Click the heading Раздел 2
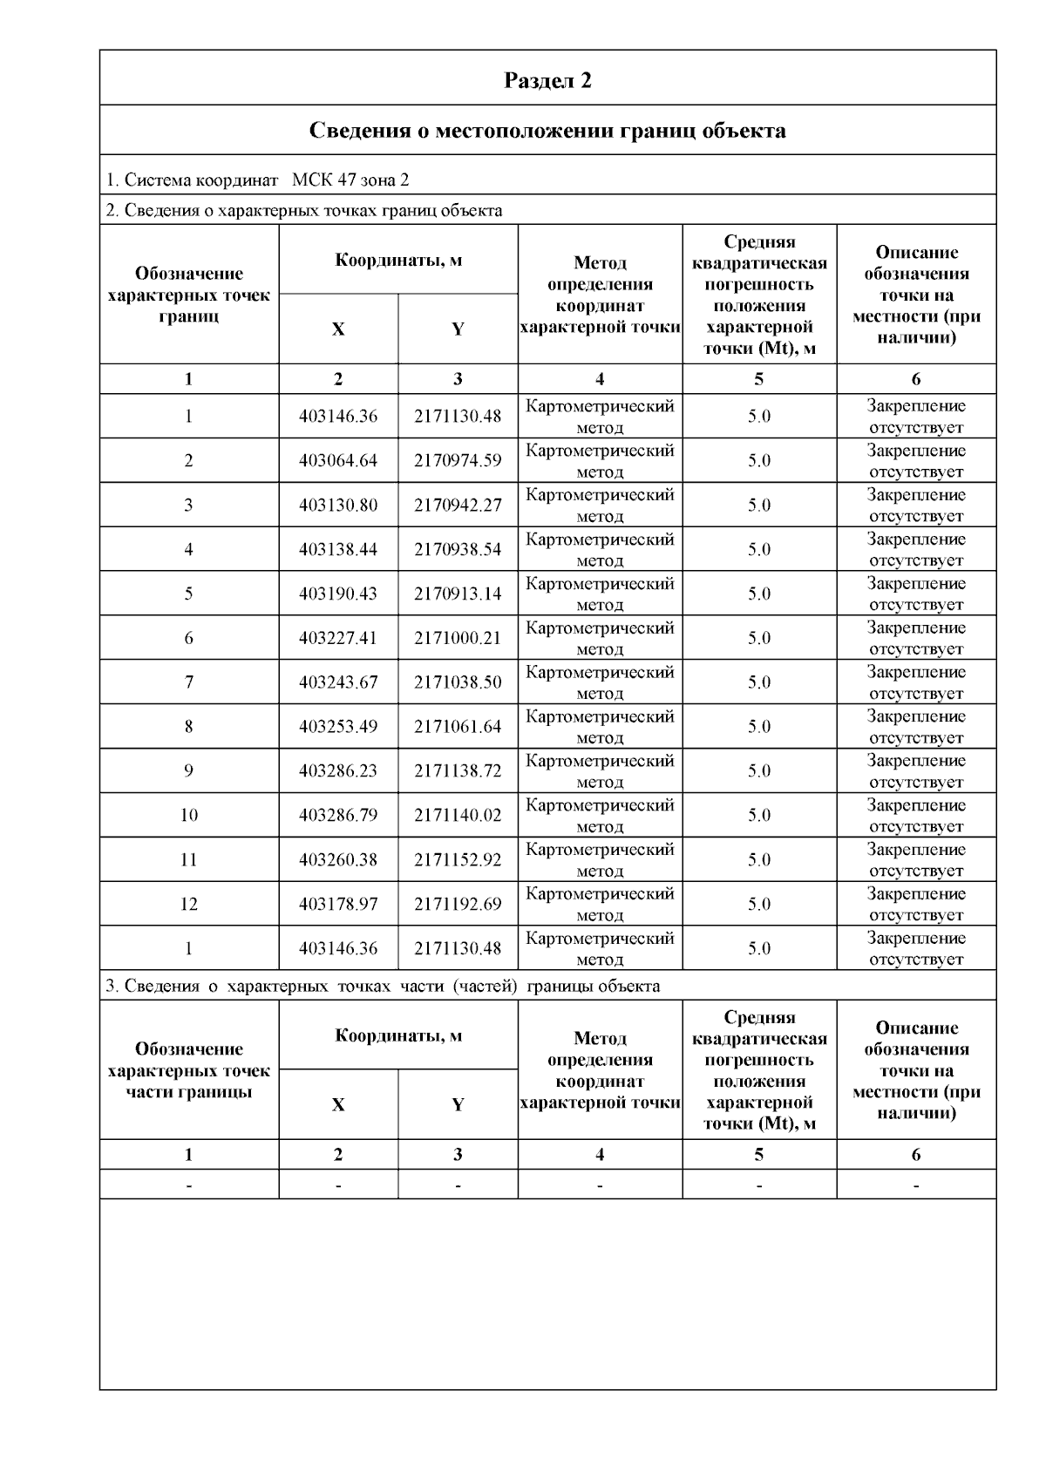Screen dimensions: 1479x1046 tap(547, 80)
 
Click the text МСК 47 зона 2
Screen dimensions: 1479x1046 tap(350, 180)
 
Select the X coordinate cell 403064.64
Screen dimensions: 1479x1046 tap(338, 461)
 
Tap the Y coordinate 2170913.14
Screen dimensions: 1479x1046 tap(458, 594)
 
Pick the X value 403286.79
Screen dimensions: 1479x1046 tap(338, 816)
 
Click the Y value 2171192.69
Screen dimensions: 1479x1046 tap(458, 905)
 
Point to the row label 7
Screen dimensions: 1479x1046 tap(189, 682)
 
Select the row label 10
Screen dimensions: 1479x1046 tap(189, 816)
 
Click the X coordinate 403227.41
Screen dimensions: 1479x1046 tap(338, 639)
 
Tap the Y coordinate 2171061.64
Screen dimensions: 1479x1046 tap(458, 727)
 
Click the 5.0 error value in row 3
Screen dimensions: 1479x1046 tap(759, 505)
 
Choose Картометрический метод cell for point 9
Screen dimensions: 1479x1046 tap(600, 771)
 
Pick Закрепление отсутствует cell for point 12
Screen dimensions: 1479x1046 tap(916, 905)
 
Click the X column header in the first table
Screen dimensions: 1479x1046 tap(338, 329)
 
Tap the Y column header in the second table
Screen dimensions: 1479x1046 tap(458, 1105)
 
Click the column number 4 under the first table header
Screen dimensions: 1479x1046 tap(600, 379)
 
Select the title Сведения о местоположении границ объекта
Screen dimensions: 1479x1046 tap(547, 131)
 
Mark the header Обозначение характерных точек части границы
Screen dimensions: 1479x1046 tap(189, 1070)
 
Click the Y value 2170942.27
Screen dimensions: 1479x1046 tap(458, 505)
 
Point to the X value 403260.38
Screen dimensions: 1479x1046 tap(338, 860)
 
